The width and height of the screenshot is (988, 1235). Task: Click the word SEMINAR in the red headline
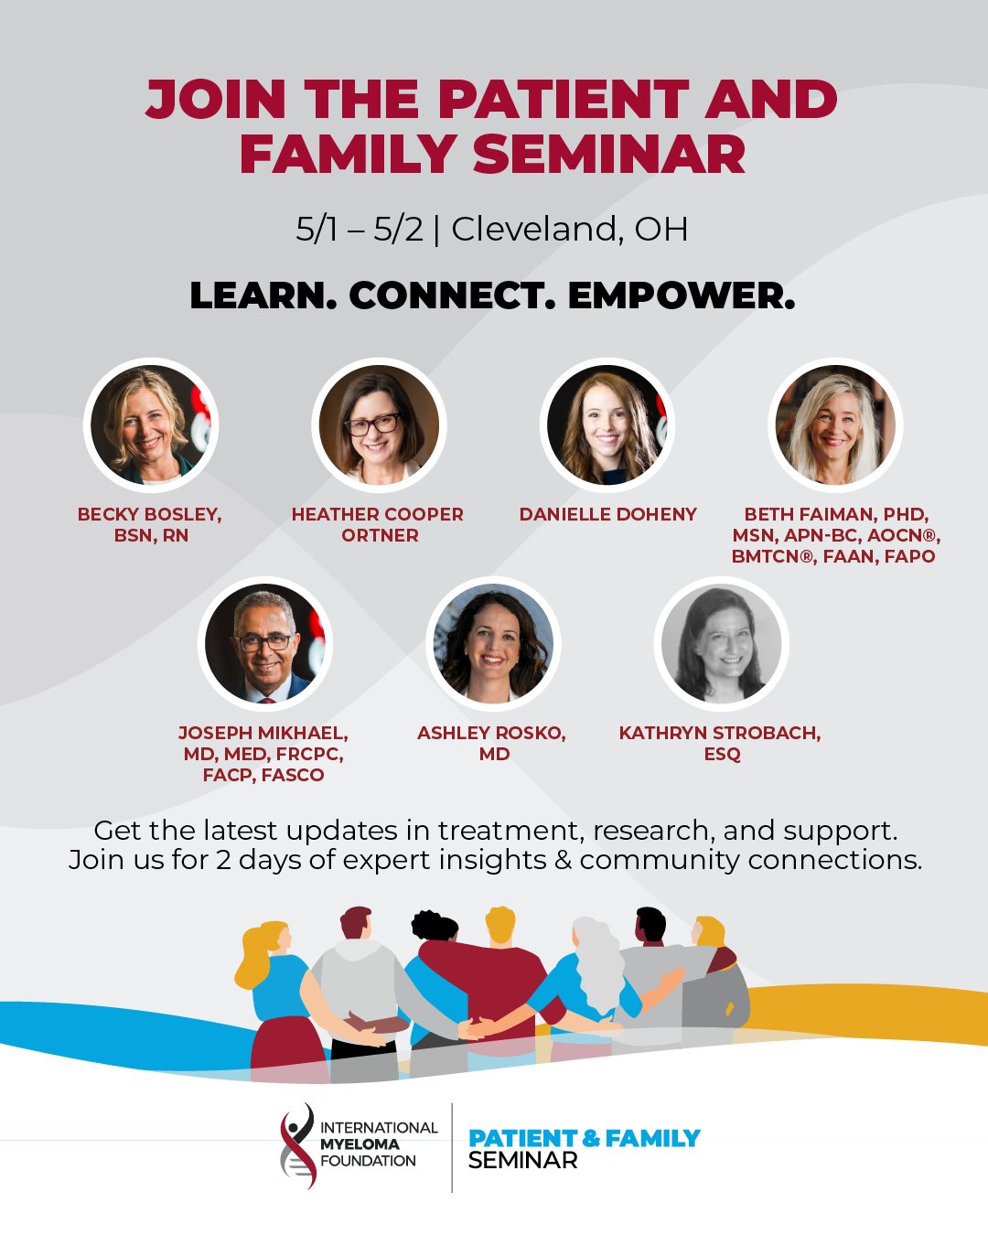click(609, 154)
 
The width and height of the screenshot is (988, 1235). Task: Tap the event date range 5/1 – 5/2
click(360, 230)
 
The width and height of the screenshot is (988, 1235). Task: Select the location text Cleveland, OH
click(570, 230)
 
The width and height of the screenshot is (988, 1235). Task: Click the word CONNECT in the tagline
click(453, 296)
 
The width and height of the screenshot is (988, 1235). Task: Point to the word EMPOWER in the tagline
click(682, 296)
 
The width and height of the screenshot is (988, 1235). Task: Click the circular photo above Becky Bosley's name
click(151, 424)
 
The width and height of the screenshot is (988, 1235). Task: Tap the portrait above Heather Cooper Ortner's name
click(379, 424)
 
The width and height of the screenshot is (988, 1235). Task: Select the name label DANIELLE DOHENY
click(608, 514)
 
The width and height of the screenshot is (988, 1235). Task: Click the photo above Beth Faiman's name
click(835, 424)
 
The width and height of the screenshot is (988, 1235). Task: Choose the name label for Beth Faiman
click(836, 535)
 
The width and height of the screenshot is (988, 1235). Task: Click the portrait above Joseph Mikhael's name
click(264, 643)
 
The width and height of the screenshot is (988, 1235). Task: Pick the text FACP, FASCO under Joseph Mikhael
click(263, 775)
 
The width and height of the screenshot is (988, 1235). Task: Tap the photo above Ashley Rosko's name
click(493, 643)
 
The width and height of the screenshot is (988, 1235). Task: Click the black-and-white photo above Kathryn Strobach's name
click(721, 643)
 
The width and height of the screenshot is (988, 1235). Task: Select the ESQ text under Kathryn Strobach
click(722, 754)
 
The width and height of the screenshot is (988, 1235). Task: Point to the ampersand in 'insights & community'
click(564, 860)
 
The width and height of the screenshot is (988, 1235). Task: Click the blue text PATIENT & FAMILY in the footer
click(585, 1138)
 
